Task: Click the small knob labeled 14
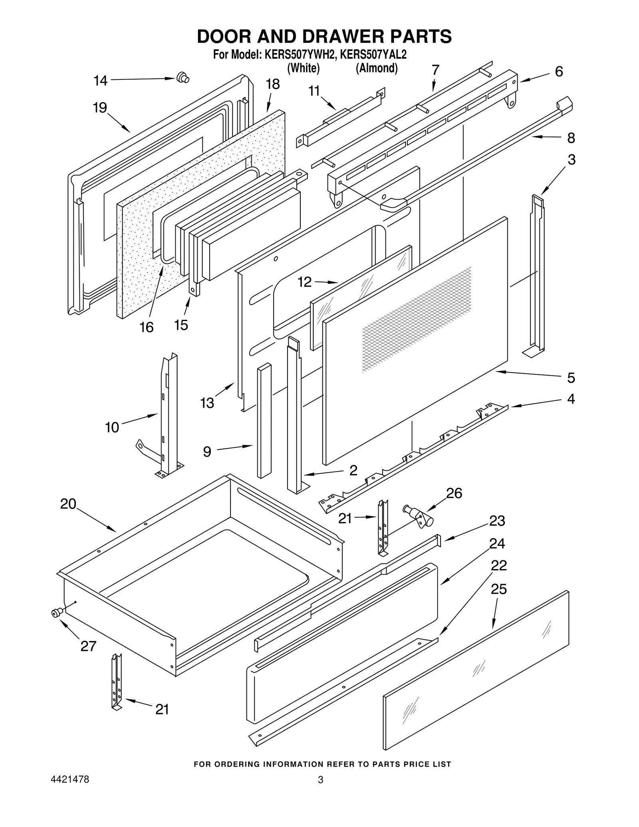coord(183,77)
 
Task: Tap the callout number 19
coord(100,107)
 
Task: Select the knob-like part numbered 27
coord(57,613)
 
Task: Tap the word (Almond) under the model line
coord(377,68)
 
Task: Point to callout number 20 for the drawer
coord(68,504)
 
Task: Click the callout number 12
coord(304,282)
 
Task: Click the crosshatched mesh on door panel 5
coord(415,319)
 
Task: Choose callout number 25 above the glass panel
coord(498,589)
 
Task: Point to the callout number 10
coord(112,427)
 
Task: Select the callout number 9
coord(207,452)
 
